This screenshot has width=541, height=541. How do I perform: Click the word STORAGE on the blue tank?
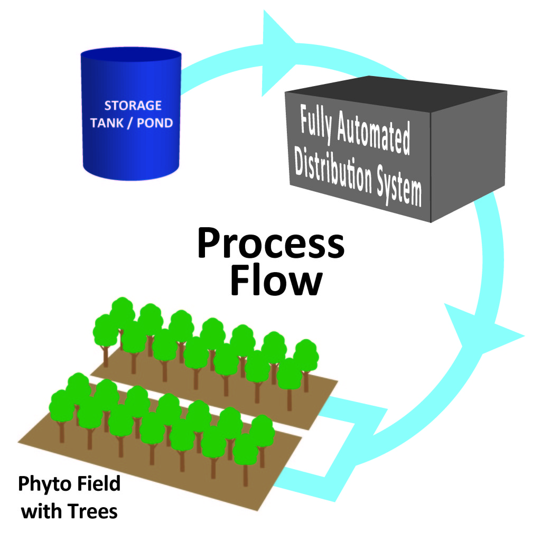pos(133,106)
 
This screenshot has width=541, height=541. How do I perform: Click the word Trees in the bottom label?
pos(96,511)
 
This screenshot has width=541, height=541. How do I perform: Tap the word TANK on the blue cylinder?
pos(109,123)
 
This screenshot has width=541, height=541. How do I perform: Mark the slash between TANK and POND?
pos(132,123)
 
